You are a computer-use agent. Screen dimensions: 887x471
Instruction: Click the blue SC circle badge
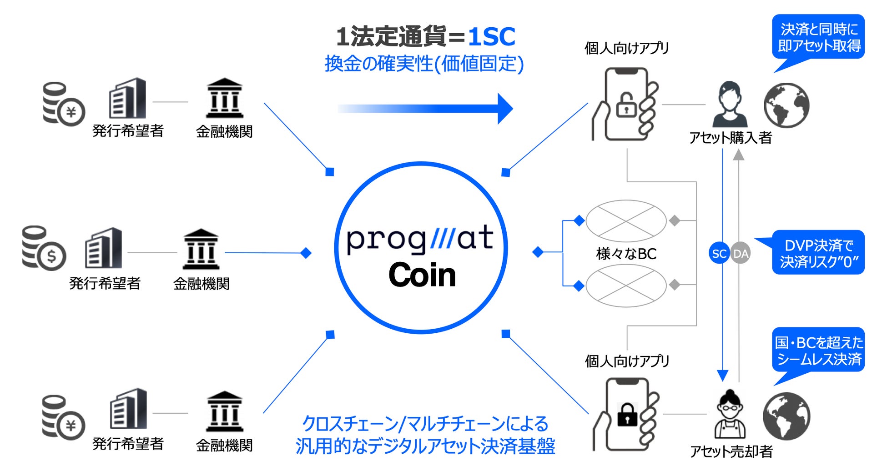719,253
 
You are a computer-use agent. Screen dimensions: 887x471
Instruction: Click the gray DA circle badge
741,253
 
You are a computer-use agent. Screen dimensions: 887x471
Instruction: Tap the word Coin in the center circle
422,275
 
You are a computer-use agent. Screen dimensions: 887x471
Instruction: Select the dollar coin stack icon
44,248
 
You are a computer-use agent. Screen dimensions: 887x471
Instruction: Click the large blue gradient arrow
425,109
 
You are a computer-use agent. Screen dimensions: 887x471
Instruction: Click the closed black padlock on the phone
627,414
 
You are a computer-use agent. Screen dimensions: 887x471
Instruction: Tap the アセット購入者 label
731,137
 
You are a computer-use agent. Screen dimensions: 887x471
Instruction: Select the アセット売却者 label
731,451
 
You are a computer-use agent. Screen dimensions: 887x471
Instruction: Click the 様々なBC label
626,253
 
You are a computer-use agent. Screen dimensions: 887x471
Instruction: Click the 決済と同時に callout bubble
819,37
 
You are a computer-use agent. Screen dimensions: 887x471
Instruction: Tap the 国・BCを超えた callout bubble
819,351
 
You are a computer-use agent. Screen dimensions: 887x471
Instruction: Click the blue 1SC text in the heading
491,36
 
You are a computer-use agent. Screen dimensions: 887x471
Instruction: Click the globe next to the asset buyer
786,105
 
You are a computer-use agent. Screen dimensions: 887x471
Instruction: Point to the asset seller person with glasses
730,413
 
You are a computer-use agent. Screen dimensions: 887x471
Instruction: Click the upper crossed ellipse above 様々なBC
626,220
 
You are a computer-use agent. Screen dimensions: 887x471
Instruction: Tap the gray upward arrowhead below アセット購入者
739,155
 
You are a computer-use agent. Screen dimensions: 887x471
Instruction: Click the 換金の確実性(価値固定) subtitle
424,64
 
